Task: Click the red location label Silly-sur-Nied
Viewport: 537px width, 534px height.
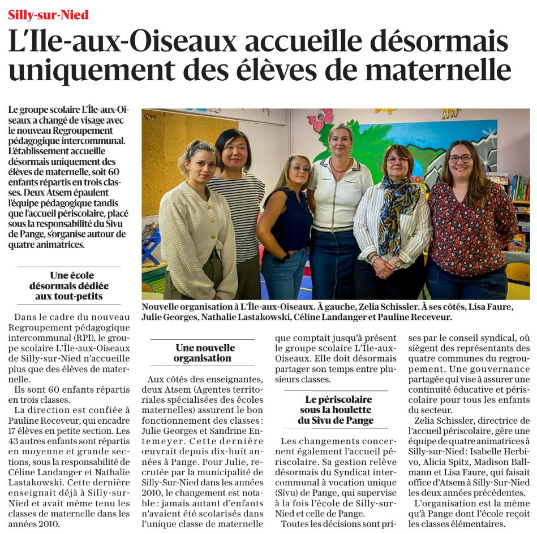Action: [x=49, y=15]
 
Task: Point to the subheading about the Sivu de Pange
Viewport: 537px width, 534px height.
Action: [x=336, y=410]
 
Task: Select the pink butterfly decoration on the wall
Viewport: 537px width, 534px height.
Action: [x=321, y=119]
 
